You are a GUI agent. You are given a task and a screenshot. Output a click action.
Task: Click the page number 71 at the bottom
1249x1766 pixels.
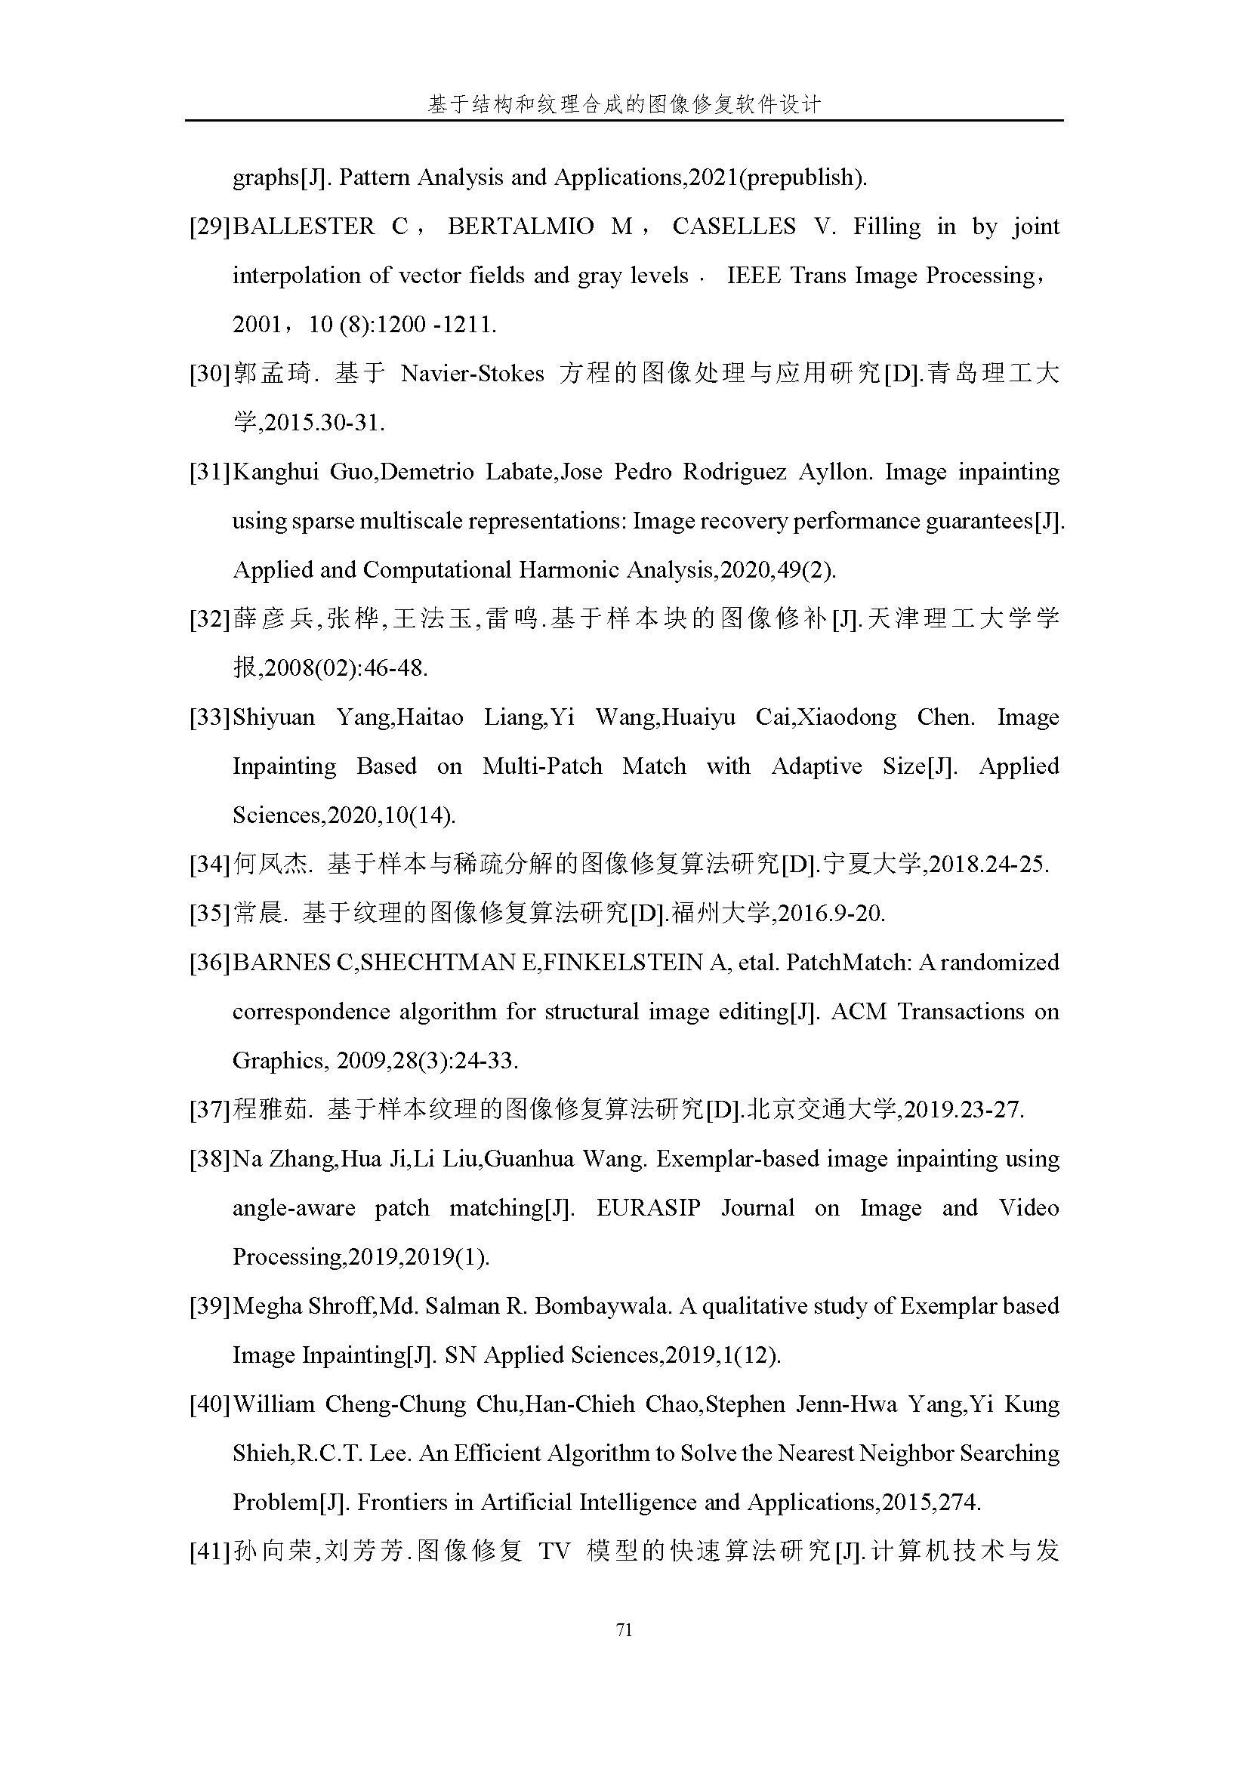pos(624,1629)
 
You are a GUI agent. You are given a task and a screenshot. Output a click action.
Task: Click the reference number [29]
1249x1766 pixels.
pos(210,227)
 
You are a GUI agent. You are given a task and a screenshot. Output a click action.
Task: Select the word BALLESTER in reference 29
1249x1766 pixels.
pos(303,227)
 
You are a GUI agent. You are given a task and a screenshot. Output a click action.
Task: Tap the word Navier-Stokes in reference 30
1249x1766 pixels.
pos(472,374)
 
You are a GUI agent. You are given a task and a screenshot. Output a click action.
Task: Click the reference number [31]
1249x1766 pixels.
pos(210,472)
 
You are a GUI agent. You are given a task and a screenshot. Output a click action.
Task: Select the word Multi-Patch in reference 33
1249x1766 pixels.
pos(542,766)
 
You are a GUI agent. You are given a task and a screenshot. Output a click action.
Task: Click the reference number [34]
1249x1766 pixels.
pos(210,865)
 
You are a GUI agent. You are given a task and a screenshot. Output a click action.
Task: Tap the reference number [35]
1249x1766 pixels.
pos(210,914)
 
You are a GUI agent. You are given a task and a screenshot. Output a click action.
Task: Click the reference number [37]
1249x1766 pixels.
pos(210,1110)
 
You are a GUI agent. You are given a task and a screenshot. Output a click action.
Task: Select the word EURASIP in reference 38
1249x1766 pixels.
pos(649,1207)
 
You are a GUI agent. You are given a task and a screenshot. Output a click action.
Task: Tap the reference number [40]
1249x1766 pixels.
pos(210,1404)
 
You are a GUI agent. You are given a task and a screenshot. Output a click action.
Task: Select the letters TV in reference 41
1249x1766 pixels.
pos(554,1552)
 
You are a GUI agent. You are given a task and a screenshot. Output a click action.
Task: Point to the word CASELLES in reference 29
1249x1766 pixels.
pos(734,227)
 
